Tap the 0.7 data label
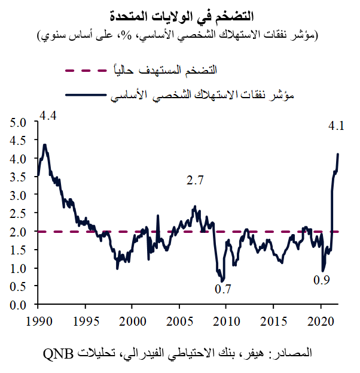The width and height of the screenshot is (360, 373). [223, 289]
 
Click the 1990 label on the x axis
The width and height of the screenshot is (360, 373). [37, 321]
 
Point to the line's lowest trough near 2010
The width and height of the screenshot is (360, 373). [222, 281]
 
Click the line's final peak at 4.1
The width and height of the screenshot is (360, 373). [338, 154]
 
